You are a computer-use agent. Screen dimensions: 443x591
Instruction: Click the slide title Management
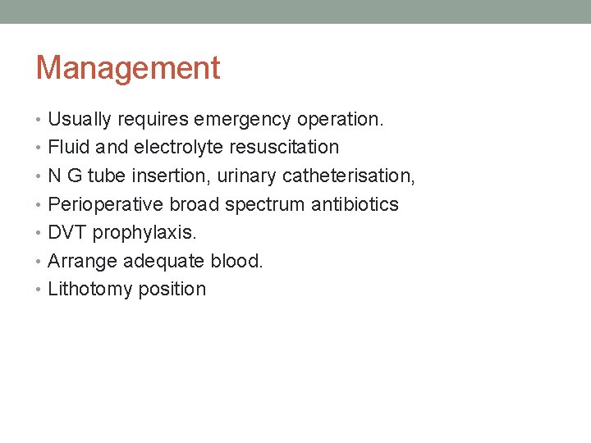pyautogui.click(x=128, y=67)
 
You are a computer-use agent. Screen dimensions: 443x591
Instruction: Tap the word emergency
pyautogui.click(x=242, y=120)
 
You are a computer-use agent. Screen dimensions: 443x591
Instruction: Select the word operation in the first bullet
pyautogui.click(x=339, y=120)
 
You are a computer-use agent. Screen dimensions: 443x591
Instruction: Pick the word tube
pyautogui.click(x=103, y=176)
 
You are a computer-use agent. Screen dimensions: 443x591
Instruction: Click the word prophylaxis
pyautogui.click(x=144, y=233)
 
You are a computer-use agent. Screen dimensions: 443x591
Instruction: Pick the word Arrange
pyautogui.click(x=82, y=261)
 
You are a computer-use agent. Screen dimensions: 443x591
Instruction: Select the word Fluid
pyautogui.click(x=69, y=148)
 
